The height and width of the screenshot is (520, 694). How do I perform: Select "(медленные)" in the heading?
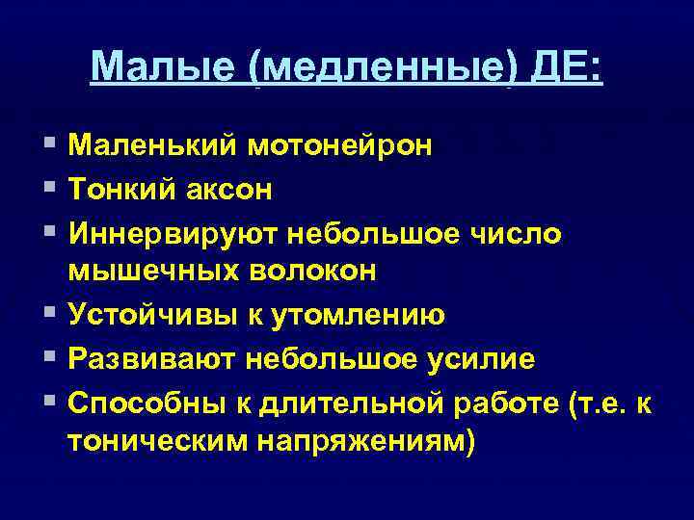click(380, 67)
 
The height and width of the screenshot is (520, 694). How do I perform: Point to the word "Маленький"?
click(153, 147)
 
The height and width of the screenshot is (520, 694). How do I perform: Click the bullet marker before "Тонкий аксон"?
click(48, 189)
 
